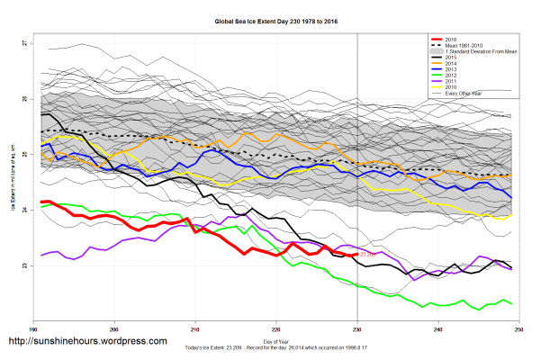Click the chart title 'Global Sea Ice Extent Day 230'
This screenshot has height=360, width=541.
point(270,19)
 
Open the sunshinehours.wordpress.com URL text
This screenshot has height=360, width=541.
point(87,342)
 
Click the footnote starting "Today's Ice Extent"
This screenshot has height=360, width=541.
point(275,348)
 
